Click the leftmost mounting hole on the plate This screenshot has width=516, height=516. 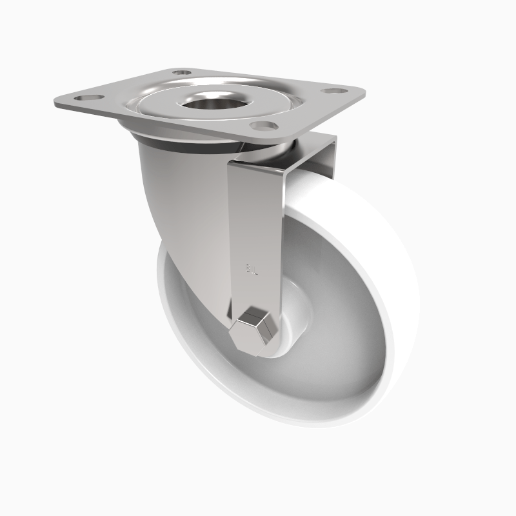82,97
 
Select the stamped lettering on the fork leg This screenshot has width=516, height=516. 252,268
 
